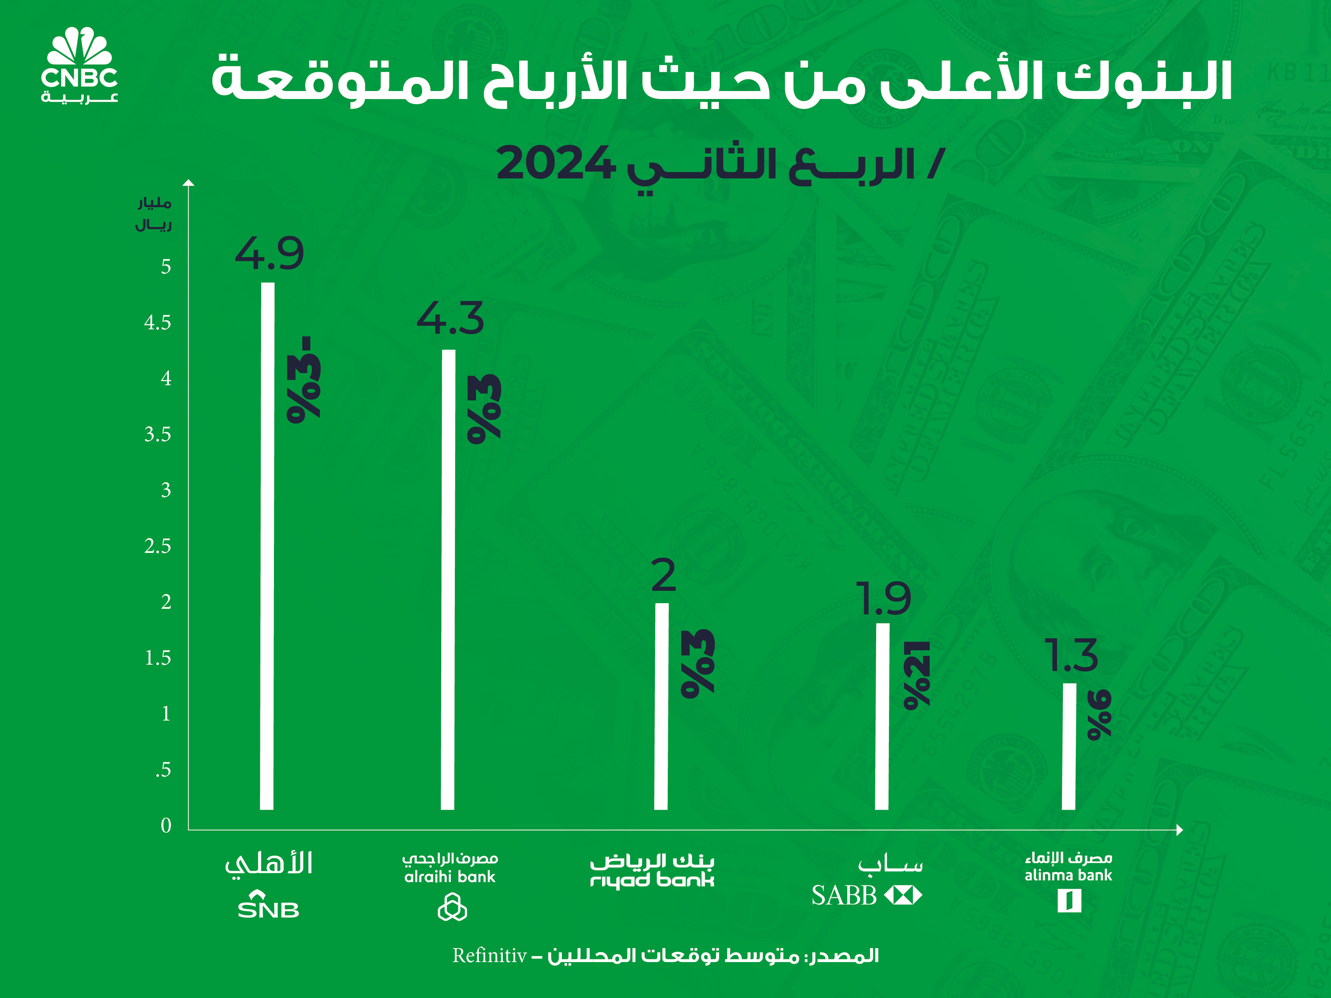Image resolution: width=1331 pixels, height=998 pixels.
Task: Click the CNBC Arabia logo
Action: (x=79, y=65)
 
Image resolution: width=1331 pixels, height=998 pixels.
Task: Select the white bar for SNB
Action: (x=267, y=546)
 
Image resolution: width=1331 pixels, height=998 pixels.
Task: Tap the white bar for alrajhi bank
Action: (x=448, y=579)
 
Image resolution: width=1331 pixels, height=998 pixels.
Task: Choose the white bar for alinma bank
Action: (x=1069, y=746)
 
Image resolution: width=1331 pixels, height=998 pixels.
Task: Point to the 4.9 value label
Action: (x=269, y=254)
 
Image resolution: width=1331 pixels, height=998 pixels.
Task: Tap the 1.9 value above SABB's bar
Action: (x=883, y=599)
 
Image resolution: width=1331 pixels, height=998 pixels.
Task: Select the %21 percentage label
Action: (x=916, y=675)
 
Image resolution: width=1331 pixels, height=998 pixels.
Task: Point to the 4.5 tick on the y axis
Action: (x=158, y=323)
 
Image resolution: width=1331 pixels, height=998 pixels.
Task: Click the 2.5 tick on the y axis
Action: (x=158, y=546)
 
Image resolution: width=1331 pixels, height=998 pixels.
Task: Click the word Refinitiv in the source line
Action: (x=490, y=955)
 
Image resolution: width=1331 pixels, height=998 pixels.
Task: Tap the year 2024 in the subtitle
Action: (x=554, y=164)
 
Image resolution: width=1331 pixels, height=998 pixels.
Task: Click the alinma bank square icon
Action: (x=1069, y=901)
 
